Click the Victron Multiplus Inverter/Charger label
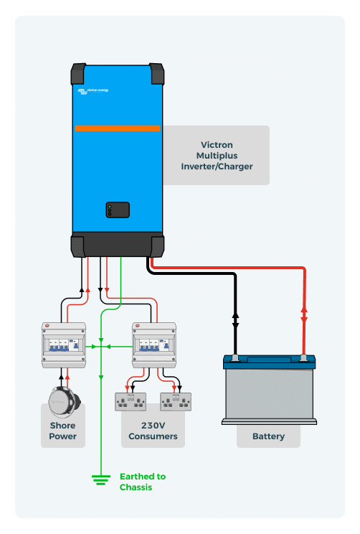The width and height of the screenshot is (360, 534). [216, 155]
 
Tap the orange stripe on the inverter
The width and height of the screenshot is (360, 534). [117, 128]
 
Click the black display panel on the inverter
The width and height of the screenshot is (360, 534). [117, 210]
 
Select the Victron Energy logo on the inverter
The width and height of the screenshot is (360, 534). [93, 90]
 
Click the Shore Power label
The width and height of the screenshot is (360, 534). [63, 431]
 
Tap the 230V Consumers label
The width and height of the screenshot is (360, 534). [153, 431]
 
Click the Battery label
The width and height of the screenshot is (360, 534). [268, 436]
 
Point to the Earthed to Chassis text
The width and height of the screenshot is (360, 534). [142, 482]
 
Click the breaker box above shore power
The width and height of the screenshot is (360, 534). [64, 345]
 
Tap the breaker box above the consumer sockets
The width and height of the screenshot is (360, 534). [154, 345]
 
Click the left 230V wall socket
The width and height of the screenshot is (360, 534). [131, 401]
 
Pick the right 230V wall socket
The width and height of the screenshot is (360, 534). [176, 401]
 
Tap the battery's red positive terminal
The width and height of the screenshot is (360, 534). [304, 357]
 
